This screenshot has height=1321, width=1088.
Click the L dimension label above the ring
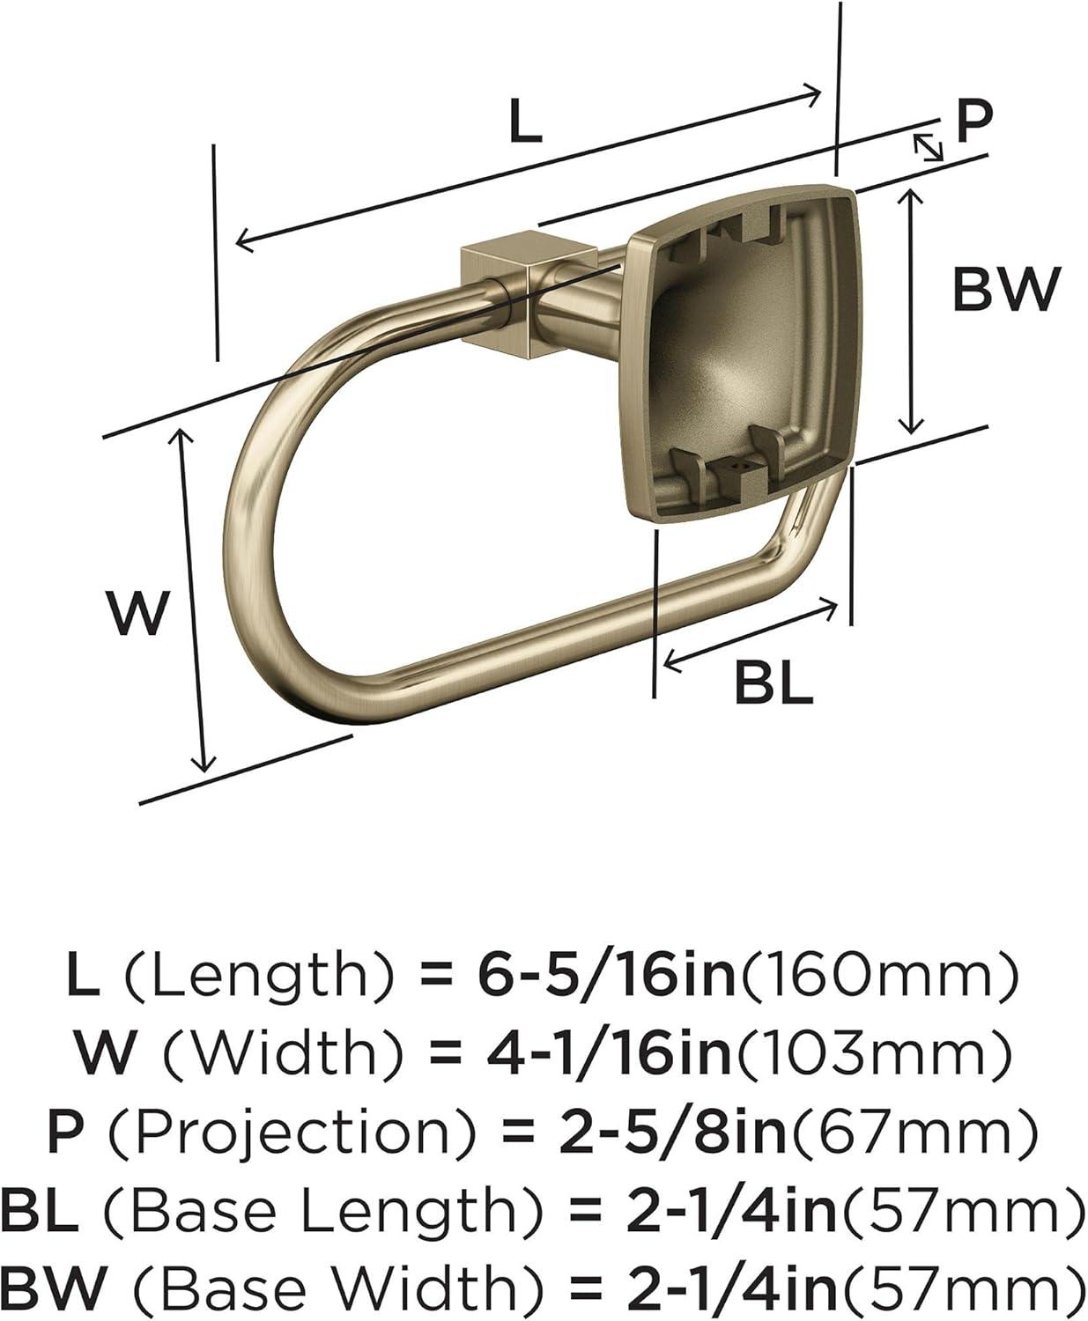coord(526,123)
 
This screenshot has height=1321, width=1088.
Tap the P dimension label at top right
coord(973,122)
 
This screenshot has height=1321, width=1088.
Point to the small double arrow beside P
coord(926,146)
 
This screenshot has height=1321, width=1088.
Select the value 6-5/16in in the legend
coord(606,976)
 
